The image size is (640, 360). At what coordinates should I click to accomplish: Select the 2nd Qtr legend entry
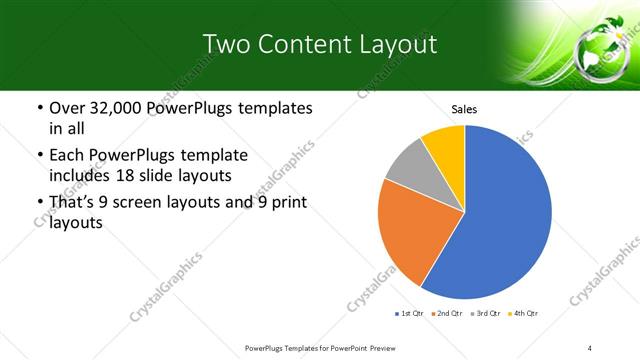click(447, 313)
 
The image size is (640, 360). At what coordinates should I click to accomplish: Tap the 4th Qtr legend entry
click(525, 313)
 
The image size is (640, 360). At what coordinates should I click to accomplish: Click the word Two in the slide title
click(225, 44)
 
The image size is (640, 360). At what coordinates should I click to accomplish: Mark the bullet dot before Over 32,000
click(39, 108)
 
